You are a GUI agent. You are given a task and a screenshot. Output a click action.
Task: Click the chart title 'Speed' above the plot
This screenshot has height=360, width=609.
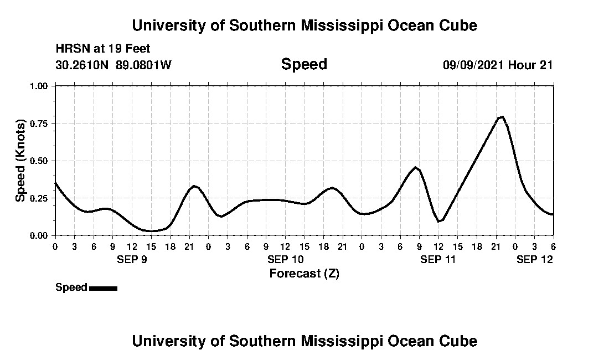pos(304,64)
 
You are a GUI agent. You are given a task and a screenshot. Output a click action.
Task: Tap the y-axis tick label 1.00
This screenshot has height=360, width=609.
pos(39,86)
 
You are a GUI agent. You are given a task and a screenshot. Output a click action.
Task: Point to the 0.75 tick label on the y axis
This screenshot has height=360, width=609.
pos(39,124)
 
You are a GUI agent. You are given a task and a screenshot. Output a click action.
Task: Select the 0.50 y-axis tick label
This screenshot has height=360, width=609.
pos(39,161)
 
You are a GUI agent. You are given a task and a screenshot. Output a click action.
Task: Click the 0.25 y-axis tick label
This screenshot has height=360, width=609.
pos(39,198)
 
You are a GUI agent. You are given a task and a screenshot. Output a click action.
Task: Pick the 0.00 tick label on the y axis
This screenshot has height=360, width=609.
pos(39,235)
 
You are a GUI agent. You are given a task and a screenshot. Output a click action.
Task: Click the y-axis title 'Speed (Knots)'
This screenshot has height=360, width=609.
pos(20,161)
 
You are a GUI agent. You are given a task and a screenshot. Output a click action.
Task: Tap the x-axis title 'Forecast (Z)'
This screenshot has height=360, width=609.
pos(304,273)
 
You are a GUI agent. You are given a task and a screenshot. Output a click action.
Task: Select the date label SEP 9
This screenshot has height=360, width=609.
pos(132,259)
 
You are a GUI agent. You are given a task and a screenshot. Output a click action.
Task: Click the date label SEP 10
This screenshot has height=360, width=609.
pos(285,259)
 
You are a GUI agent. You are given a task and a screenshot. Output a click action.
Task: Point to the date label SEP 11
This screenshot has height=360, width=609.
pos(438,259)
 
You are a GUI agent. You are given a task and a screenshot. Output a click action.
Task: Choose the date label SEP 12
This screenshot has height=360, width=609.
pos(534,259)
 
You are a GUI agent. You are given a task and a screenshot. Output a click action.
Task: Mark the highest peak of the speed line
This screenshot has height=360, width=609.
pos(502,117)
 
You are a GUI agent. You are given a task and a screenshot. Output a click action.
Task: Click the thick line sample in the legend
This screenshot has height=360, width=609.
pos(103,288)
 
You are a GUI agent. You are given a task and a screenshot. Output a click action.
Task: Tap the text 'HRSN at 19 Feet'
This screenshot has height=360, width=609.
pos(102,49)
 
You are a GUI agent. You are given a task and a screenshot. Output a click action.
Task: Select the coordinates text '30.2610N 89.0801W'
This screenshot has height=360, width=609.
pos(113,65)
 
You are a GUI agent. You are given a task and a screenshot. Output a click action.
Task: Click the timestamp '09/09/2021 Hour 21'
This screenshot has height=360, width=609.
pos(498,65)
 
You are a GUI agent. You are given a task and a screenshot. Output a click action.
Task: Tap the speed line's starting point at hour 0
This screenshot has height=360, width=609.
pos(55,183)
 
